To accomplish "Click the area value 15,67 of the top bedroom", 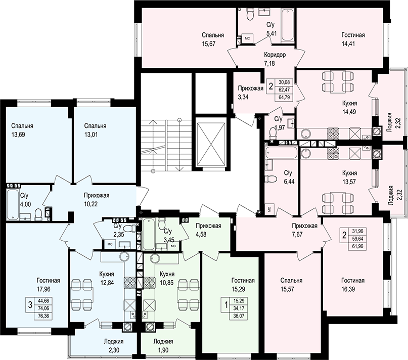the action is (x=209, y=43).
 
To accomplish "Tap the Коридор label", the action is (x=275, y=55).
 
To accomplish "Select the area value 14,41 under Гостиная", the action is (x=348, y=43).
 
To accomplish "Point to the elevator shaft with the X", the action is (x=210, y=144).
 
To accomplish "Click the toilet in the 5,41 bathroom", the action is (x=250, y=14).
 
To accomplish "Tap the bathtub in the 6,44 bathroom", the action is (x=281, y=153).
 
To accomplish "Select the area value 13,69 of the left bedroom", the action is (x=18, y=134).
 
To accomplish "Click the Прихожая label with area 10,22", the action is (x=96, y=195).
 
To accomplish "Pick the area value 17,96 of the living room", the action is (x=43, y=289).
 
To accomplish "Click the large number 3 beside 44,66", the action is (x=30, y=305).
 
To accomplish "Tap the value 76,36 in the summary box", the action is (x=43, y=316).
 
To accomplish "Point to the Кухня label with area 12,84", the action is (x=107, y=274).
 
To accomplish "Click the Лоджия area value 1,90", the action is (x=163, y=350).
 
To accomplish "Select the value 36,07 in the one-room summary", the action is (x=239, y=317).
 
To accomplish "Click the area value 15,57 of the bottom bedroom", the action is (x=287, y=289).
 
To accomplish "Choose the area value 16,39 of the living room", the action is (x=348, y=289).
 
